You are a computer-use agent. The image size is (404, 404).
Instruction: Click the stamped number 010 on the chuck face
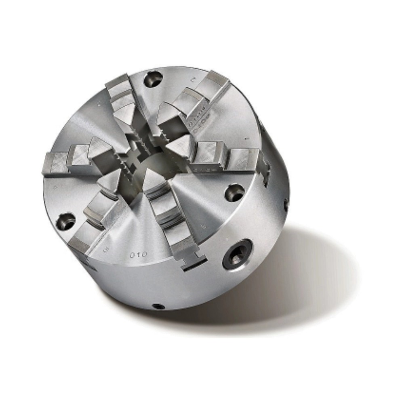click(139, 255)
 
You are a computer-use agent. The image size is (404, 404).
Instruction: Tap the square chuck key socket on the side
click(238, 254)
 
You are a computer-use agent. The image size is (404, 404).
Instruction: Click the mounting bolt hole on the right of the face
click(234, 192)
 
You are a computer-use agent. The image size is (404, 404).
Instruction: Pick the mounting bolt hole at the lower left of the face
click(65, 221)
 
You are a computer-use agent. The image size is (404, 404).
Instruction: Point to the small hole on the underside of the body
click(159, 306)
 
